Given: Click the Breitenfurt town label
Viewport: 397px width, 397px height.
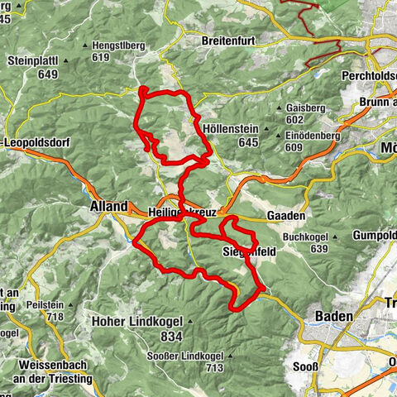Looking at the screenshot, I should coord(226,40).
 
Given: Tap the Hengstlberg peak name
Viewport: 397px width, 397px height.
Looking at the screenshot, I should coord(125,46).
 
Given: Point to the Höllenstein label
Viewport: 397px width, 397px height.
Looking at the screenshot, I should coord(228,132).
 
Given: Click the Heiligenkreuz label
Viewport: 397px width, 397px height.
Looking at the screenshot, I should coord(178,213).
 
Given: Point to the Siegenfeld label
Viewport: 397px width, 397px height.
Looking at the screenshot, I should coord(243,251).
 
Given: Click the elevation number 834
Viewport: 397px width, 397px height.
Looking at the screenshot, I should coord(172,337).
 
